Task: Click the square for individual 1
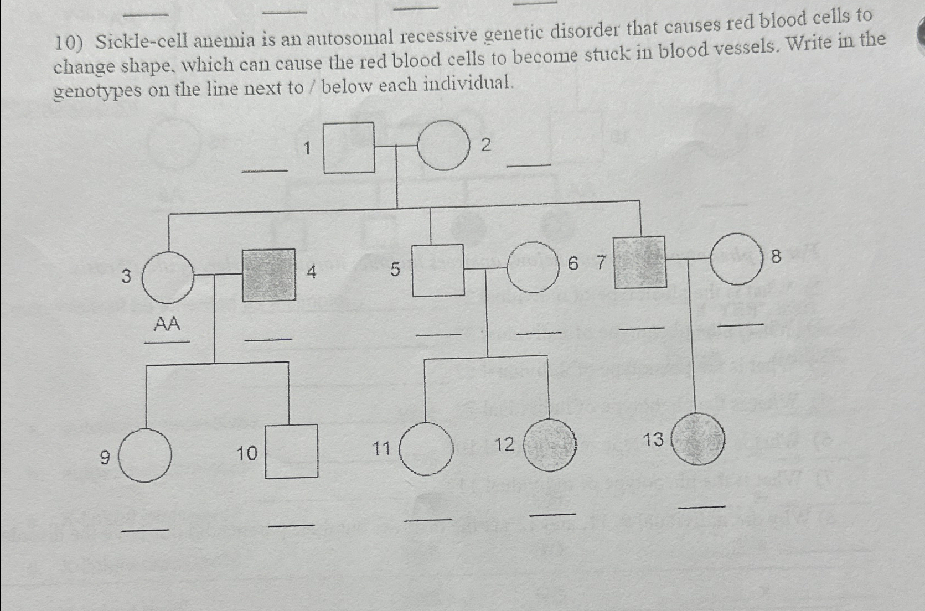click(x=349, y=148)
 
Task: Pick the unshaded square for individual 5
click(x=438, y=270)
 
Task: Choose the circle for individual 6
click(x=533, y=267)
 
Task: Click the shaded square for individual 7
click(x=639, y=262)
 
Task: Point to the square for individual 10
click(x=292, y=451)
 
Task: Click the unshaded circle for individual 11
click(x=426, y=448)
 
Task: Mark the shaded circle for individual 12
click(x=550, y=445)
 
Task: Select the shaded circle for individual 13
click(x=697, y=439)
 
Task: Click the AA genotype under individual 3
click(x=167, y=323)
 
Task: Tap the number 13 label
click(x=653, y=440)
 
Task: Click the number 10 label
click(x=247, y=454)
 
